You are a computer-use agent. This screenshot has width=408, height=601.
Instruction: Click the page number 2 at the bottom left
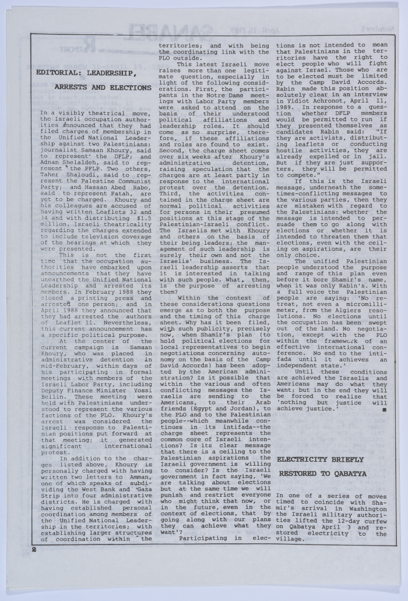click(34, 549)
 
